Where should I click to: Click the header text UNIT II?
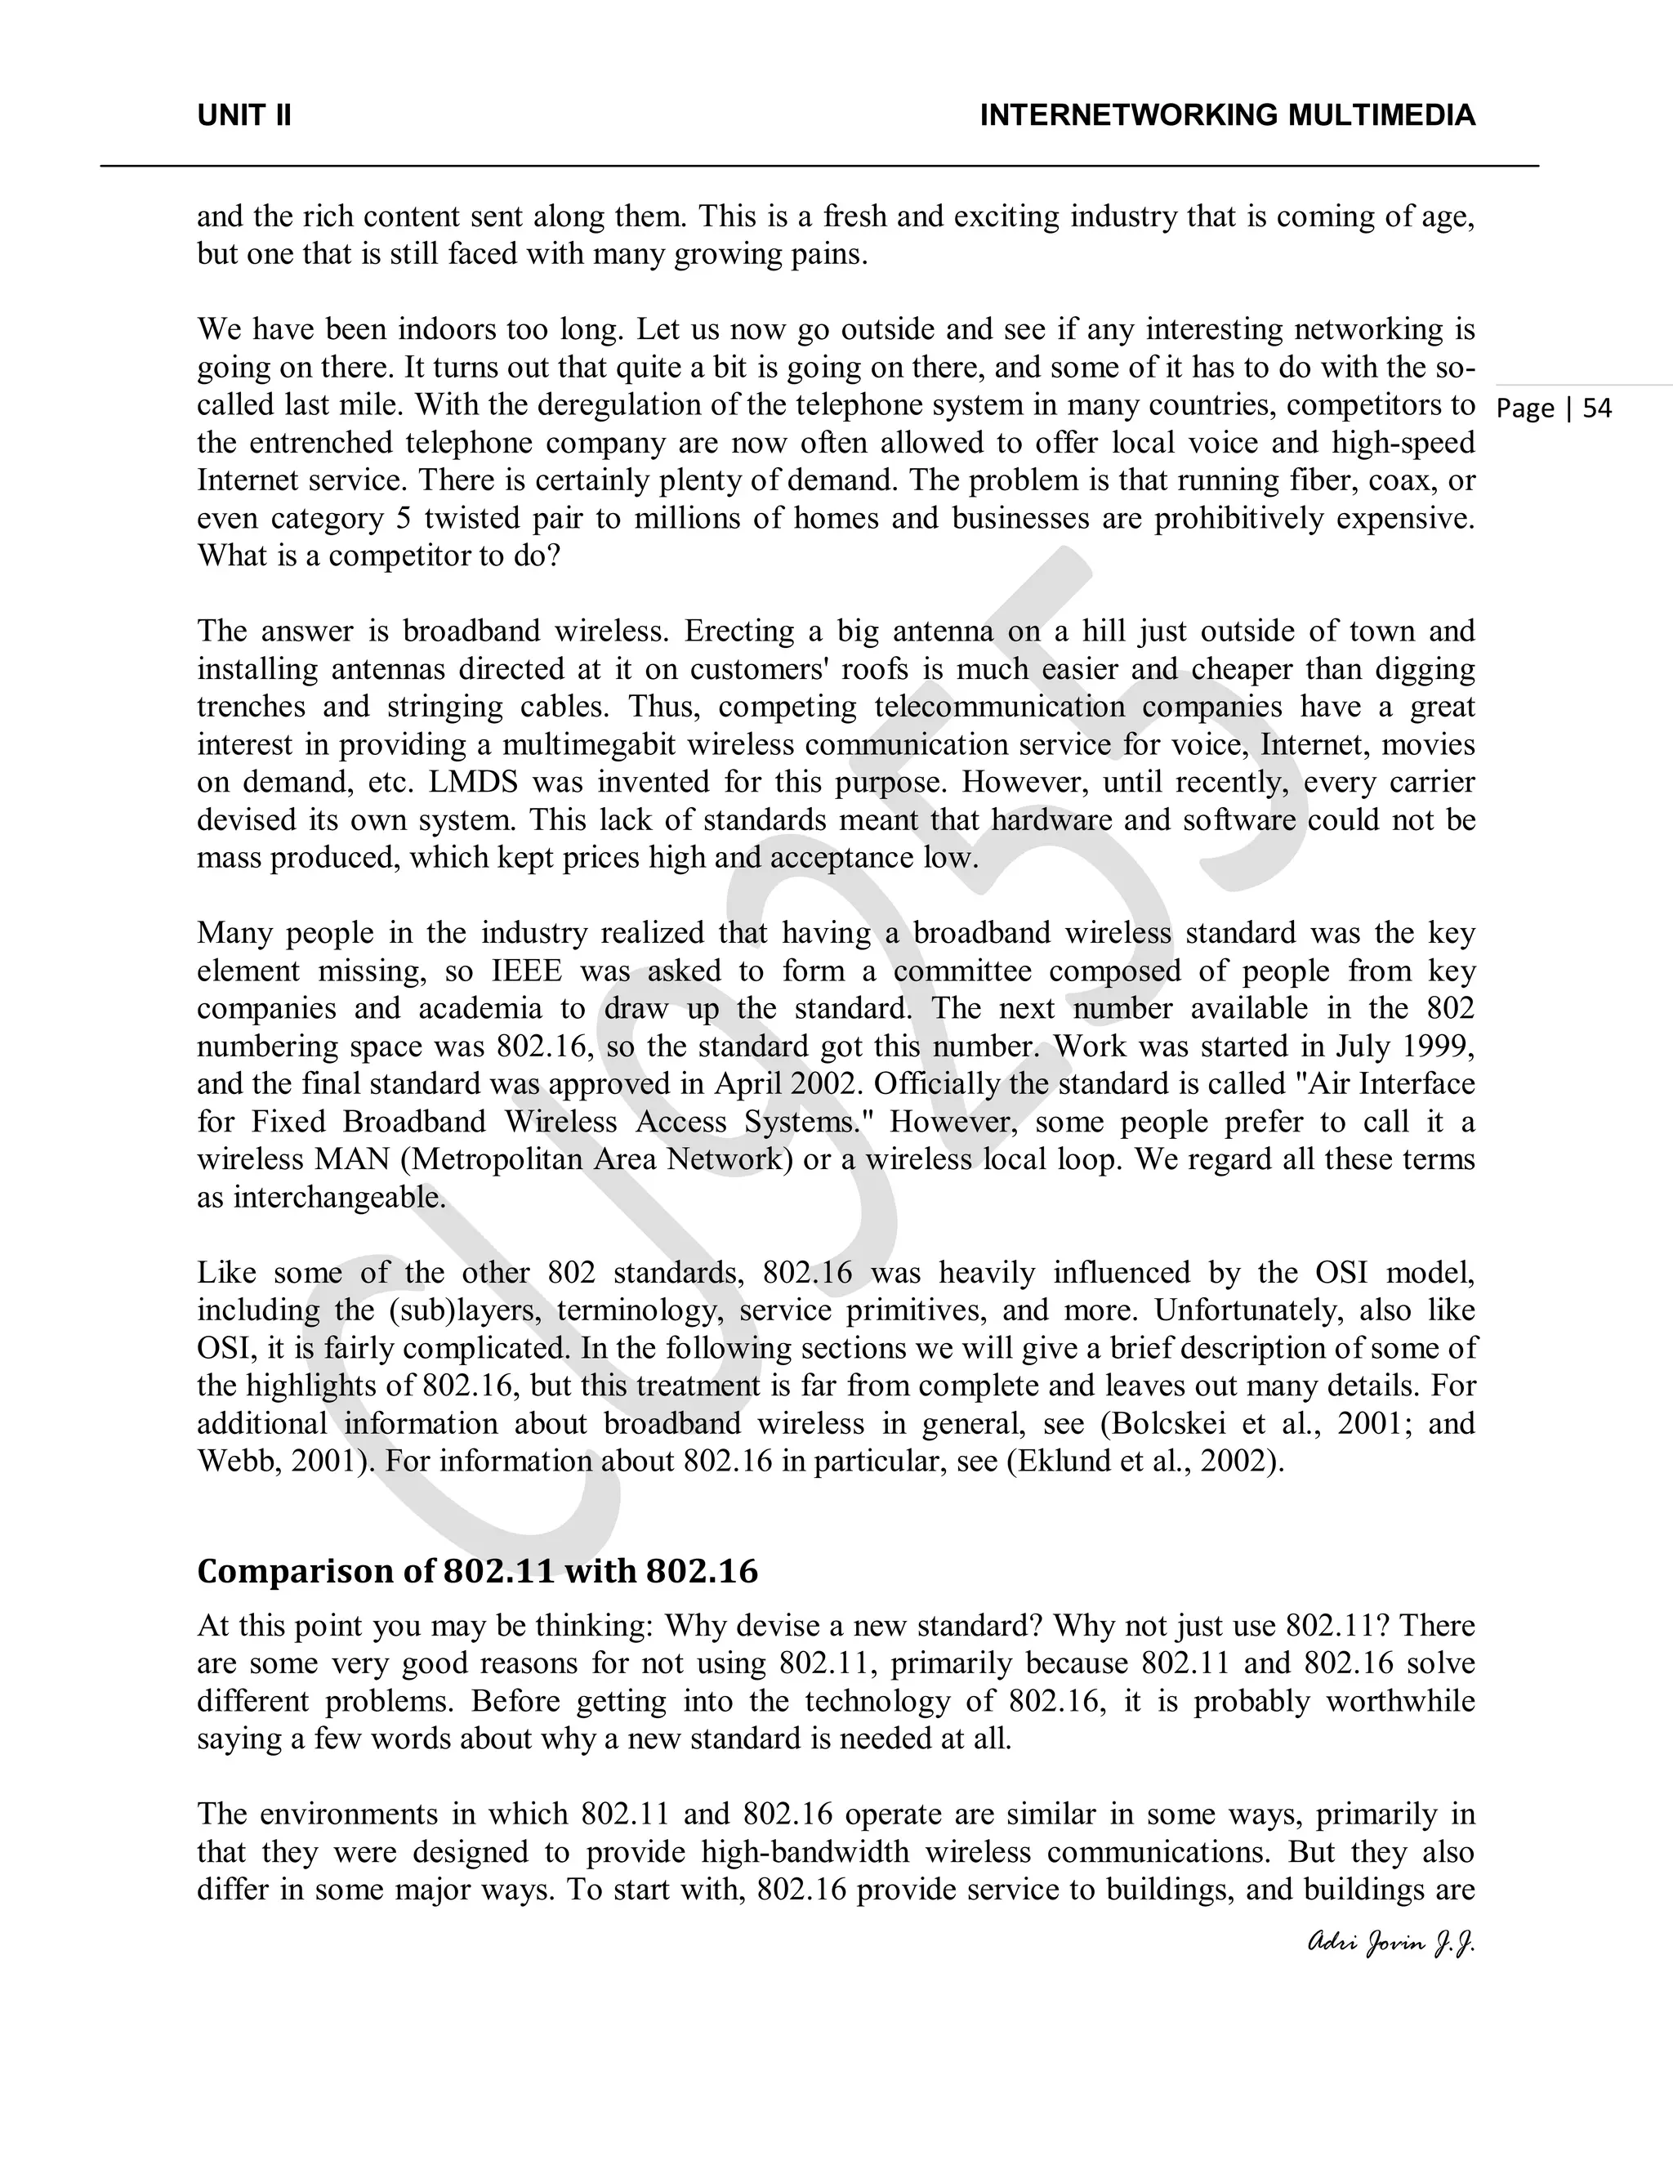243,116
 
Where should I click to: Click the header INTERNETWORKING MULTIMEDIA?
1227,116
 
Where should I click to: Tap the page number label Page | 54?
1554,408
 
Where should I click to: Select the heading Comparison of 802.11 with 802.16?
477,1571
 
